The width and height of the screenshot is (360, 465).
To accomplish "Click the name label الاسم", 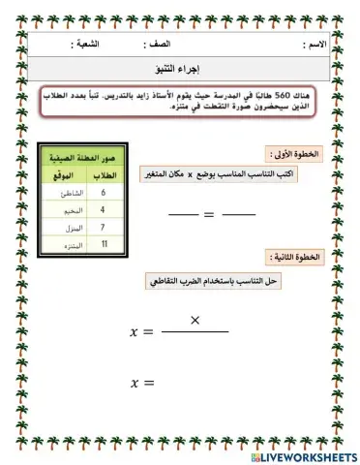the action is (315, 46).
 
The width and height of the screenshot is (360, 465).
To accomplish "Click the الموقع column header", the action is (64, 174).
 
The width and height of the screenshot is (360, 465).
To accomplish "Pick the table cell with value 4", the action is (103, 207).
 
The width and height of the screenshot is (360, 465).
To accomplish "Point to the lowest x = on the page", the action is (142, 384).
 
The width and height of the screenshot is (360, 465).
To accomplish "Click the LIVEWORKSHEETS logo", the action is (302, 455).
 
